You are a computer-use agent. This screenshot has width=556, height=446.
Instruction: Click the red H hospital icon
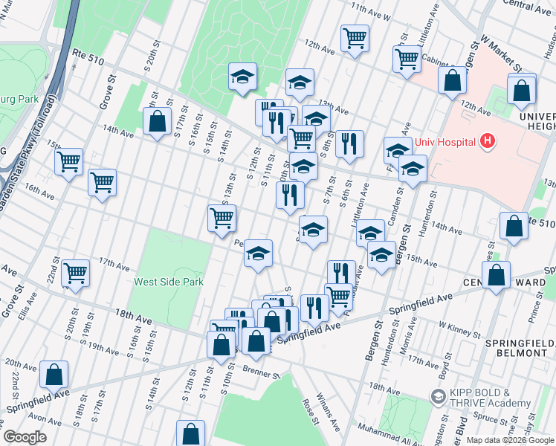[x=488, y=140]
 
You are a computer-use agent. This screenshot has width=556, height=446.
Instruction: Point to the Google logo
[x=25, y=437]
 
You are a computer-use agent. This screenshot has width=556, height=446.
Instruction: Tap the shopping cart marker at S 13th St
[x=222, y=218]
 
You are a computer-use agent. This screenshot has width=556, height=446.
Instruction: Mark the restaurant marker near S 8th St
[x=349, y=143]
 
